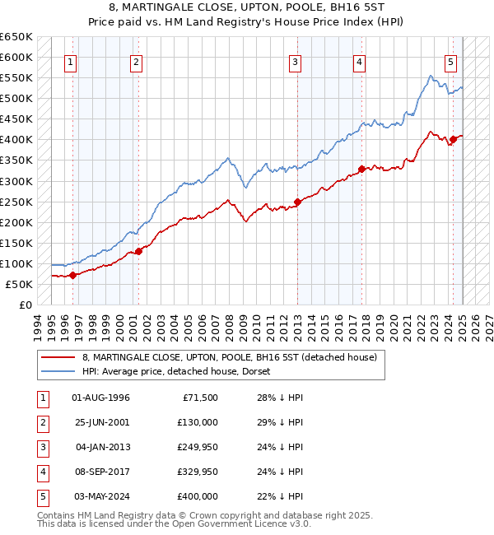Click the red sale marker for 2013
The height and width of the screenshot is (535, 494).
coord(297,202)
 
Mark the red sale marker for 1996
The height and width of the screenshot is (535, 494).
coord(72,275)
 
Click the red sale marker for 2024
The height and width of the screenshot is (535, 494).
coord(453,139)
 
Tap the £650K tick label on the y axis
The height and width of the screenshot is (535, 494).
coord(16,37)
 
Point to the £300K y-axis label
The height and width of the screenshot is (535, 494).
coord(16,181)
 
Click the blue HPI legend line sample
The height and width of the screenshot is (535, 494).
coord(57,371)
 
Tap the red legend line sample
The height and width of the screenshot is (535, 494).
coord(57,357)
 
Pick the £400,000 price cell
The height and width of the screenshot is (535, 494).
coord(198,496)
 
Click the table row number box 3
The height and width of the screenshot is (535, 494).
coord(42,447)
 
